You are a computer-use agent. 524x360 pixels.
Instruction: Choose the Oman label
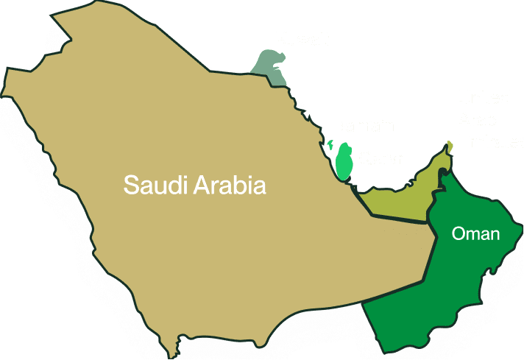475,235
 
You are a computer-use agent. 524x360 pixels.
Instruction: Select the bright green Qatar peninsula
344,161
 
